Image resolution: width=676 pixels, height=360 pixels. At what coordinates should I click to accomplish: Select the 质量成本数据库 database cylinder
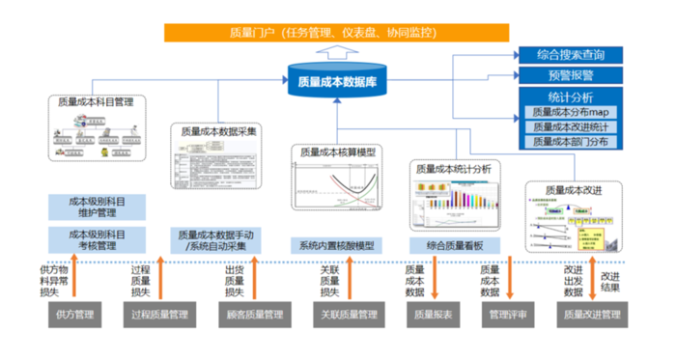coord(337,81)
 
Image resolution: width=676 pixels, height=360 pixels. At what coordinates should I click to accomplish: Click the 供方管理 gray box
coord(74,314)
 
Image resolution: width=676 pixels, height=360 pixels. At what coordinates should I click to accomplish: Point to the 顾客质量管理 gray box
coord(248,314)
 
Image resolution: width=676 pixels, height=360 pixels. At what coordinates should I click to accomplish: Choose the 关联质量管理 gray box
coord(344,314)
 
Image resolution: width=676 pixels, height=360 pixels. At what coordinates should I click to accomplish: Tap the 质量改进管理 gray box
coord(591,314)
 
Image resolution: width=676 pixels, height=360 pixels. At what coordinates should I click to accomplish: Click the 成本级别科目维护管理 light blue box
coord(97,207)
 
